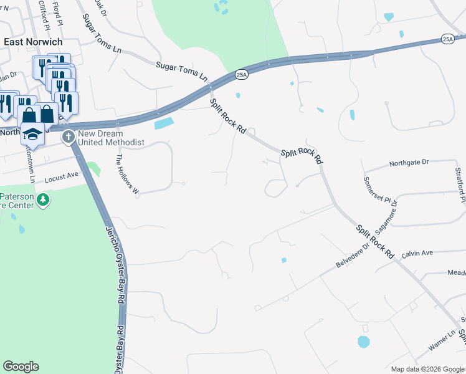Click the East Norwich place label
point(32,41)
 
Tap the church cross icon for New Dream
point(69,137)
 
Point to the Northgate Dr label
point(409,163)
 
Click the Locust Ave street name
point(62,178)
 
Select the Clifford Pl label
point(43,14)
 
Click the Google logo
point(21,367)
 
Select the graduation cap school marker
point(32,133)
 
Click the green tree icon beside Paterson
point(43,200)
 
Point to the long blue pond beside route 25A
point(166,123)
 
